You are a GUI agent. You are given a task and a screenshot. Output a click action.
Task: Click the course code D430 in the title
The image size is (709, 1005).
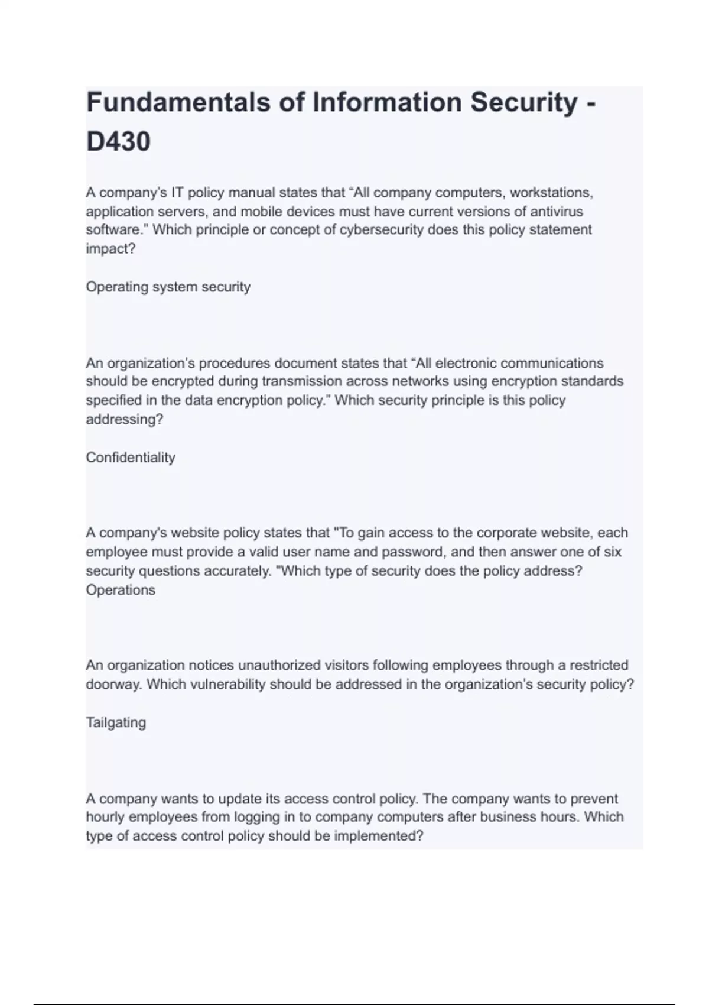[x=118, y=142]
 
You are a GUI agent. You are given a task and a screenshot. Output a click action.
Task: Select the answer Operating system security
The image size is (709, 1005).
[x=168, y=287]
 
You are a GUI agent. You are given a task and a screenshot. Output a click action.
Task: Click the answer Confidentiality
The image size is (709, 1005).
[x=131, y=458]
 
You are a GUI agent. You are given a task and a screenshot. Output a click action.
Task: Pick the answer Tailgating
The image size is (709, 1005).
[x=116, y=722]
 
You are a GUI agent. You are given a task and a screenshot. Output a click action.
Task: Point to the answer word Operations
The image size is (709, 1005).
[x=121, y=590]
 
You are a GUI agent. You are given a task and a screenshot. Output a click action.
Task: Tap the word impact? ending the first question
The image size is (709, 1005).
[x=110, y=249]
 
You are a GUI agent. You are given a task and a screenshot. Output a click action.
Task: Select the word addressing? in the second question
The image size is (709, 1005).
[x=124, y=420]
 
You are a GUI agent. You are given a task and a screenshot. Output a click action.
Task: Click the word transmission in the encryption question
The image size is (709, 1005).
[x=299, y=381]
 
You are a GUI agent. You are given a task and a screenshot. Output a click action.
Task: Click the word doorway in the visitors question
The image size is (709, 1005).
[x=113, y=685]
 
